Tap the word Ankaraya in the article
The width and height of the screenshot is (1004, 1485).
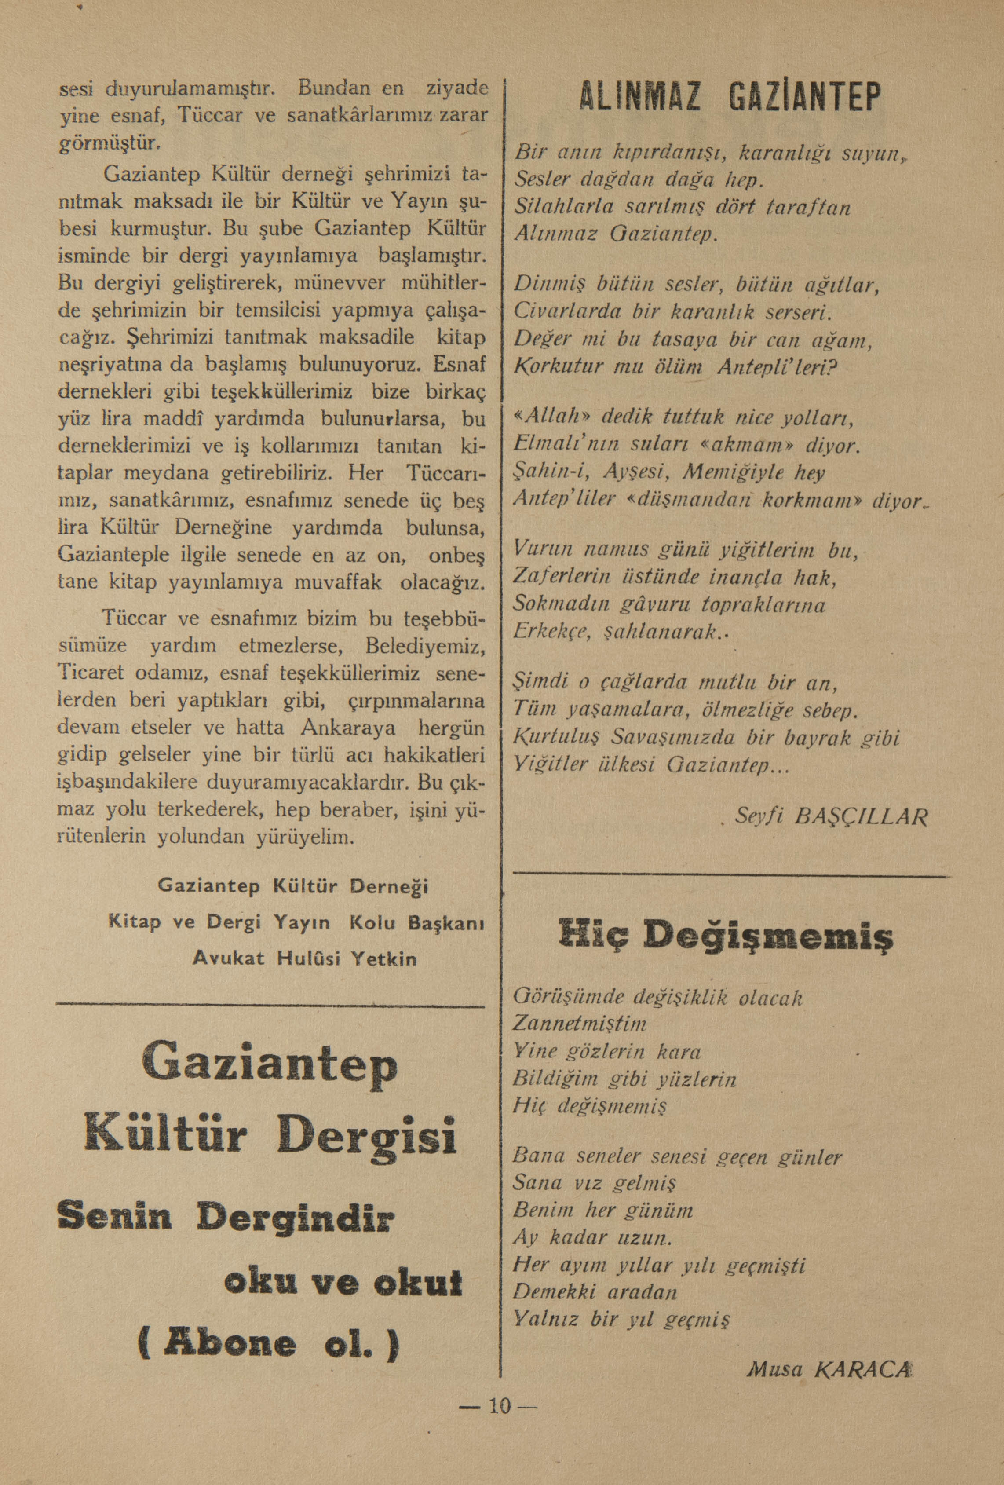click(349, 728)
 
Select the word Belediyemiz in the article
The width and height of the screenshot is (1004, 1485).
click(424, 647)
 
